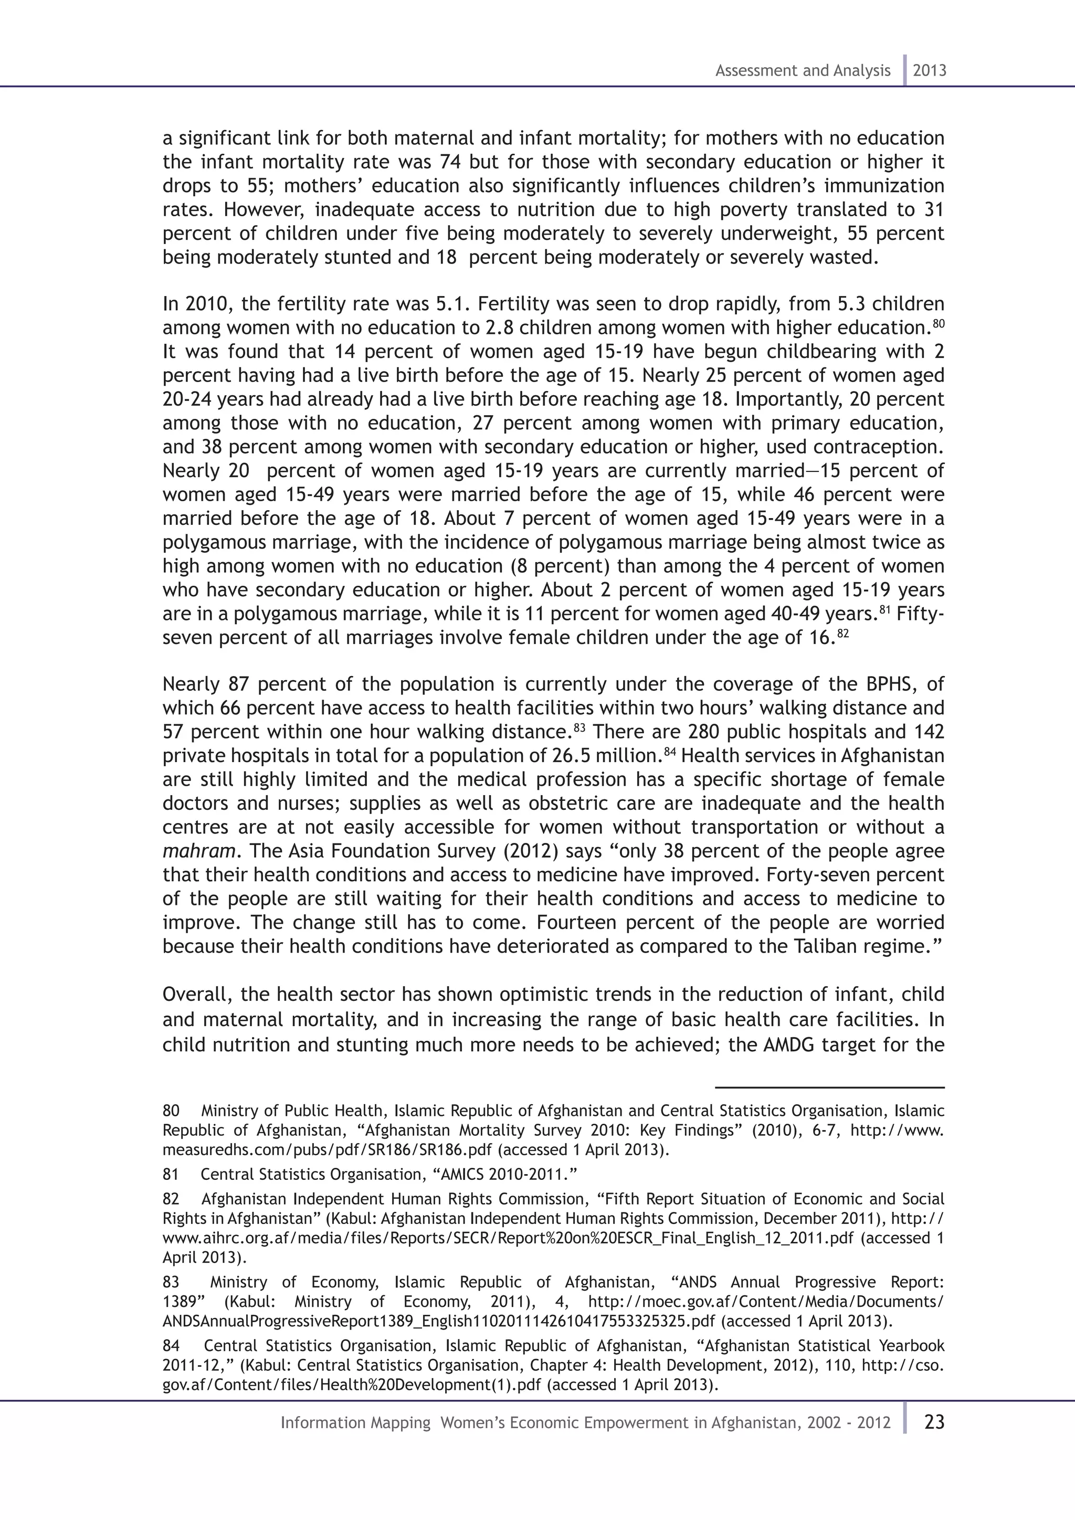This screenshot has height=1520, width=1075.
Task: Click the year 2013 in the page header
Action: [930, 71]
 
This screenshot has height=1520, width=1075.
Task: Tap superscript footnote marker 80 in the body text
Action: [938, 324]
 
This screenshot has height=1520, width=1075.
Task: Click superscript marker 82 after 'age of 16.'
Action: [842, 634]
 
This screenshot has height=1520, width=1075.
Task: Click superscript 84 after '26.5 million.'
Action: [670, 752]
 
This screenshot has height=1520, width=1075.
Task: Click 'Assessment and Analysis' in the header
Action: [802, 71]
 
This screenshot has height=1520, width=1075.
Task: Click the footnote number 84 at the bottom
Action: [171, 1346]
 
